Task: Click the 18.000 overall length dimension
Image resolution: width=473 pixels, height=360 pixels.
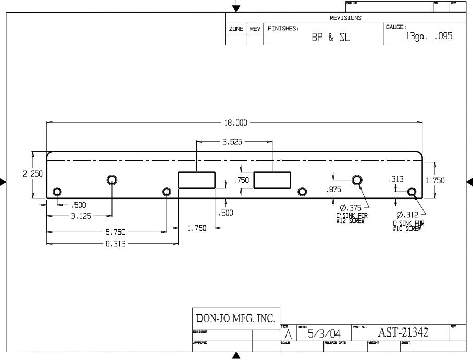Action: [235, 123]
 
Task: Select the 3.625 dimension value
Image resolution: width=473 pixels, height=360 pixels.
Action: [232, 142]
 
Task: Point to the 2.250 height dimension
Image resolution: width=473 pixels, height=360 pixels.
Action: [33, 174]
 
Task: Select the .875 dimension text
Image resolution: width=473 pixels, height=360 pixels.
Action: [334, 190]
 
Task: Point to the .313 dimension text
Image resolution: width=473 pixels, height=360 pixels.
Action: [396, 179]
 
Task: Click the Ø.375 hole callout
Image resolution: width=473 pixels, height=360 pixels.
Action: [351, 208]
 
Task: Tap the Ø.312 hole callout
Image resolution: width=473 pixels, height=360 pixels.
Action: [407, 214]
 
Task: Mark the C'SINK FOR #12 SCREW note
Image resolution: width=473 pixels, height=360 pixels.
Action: [350, 218]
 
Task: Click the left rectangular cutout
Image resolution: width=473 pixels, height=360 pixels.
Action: [196, 180]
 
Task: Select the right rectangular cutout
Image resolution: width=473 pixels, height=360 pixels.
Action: [272, 180]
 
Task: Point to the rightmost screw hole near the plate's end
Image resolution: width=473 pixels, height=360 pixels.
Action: [412, 192]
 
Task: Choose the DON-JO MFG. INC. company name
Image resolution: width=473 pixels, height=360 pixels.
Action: [235, 318]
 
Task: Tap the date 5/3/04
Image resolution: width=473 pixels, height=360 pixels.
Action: [325, 333]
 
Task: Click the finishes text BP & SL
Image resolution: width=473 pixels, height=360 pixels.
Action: [331, 38]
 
